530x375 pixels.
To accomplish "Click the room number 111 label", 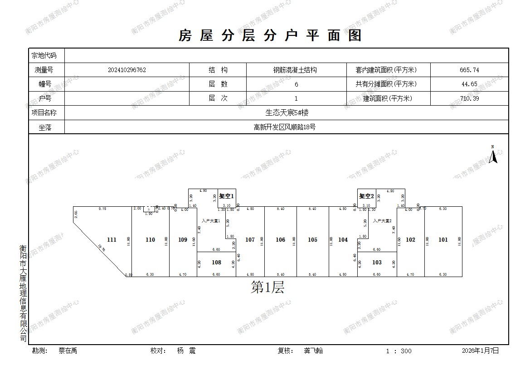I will point(112,240).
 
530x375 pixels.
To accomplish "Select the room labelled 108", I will point(217,262).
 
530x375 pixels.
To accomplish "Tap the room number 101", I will point(443,240).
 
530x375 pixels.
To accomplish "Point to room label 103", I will point(377,262).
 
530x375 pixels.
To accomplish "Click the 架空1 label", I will point(226,196).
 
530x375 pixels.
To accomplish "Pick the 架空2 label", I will point(366,196).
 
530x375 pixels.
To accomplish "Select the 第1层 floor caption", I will point(267,287).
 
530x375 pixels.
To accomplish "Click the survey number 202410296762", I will point(127,70).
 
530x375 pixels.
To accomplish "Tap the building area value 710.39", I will point(469,98).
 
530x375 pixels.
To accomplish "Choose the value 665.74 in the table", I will point(469,70).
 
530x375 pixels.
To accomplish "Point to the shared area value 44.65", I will point(469,84).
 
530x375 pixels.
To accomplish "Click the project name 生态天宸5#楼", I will point(287,113).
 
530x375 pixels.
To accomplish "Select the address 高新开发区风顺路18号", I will point(285,127).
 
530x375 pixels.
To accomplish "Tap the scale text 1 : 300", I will point(399,351).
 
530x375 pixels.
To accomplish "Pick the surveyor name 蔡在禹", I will point(68,351).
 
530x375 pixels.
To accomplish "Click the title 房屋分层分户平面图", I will point(270,35).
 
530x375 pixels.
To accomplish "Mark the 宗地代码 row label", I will point(44,56).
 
